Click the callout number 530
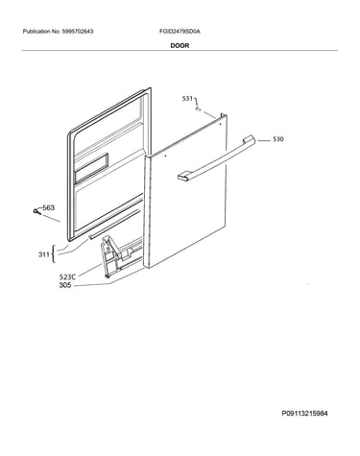point(278,139)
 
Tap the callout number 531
point(187,99)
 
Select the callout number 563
point(49,207)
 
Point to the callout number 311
point(44,254)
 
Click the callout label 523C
point(67,277)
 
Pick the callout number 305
point(65,285)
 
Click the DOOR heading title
point(180,45)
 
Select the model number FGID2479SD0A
point(180,32)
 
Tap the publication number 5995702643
point(77,32)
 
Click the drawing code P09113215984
point(304,414)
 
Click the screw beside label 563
point(36,211)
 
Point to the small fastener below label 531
point(199,109)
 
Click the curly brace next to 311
point(54,254)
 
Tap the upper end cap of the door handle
point(249,139)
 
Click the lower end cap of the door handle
point(184,177)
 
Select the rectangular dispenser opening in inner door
point(91,168)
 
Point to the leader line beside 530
point(263,140)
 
